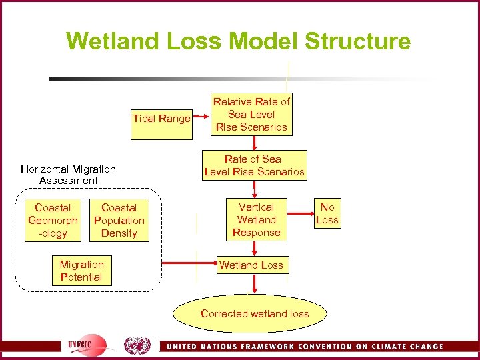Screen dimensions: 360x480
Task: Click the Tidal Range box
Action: [x=161, y=119]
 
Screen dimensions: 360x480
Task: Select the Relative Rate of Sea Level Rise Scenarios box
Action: [x=251, y=115]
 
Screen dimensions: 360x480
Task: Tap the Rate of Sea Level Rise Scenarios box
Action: [x=254, y=165]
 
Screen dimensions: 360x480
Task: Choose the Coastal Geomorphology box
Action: [x=53, y=220]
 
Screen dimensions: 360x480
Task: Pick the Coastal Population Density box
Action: [x=119, y=221]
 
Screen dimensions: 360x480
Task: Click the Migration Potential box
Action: [x=81, y=271]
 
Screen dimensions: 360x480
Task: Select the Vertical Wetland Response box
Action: [x=256, y=220]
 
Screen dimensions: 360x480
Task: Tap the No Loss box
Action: [x=327, y=213]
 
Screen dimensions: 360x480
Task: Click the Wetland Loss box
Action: [x=251, y=265]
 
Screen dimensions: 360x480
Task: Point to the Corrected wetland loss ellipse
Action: [x=254, y=313]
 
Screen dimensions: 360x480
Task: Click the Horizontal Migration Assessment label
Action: [x=68, y=175]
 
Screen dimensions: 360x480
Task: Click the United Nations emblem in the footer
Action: [x=137, y=345]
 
